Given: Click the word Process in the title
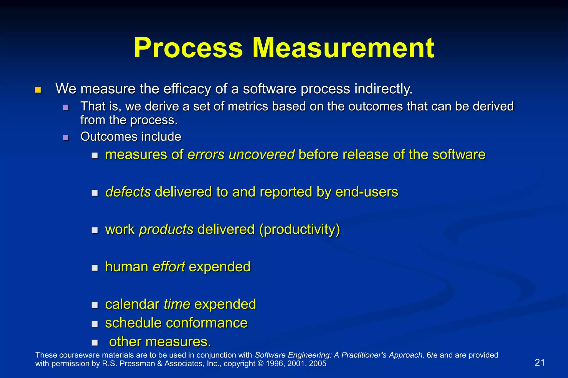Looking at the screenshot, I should click(x=188, y=48).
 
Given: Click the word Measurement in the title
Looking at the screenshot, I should click(x=343, y=48).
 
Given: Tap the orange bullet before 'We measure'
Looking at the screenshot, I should click(x=38, y=90).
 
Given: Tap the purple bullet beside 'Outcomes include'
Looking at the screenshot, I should click(x=66, y=138).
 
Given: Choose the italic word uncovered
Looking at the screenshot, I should click(x=261, y=155).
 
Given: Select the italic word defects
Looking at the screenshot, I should click(x=128, y=192).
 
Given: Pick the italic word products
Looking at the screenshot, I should click(x=166, y=229).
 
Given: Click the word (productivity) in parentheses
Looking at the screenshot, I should click(x=300, y=230).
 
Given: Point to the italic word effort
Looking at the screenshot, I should click(x=169, y=267).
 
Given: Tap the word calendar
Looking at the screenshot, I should click(x=132, y=304).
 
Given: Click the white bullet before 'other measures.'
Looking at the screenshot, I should click(x=95, y=343).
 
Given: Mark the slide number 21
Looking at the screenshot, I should click(x=539, y=362).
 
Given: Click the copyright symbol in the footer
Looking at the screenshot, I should click(x=261, y=364).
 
